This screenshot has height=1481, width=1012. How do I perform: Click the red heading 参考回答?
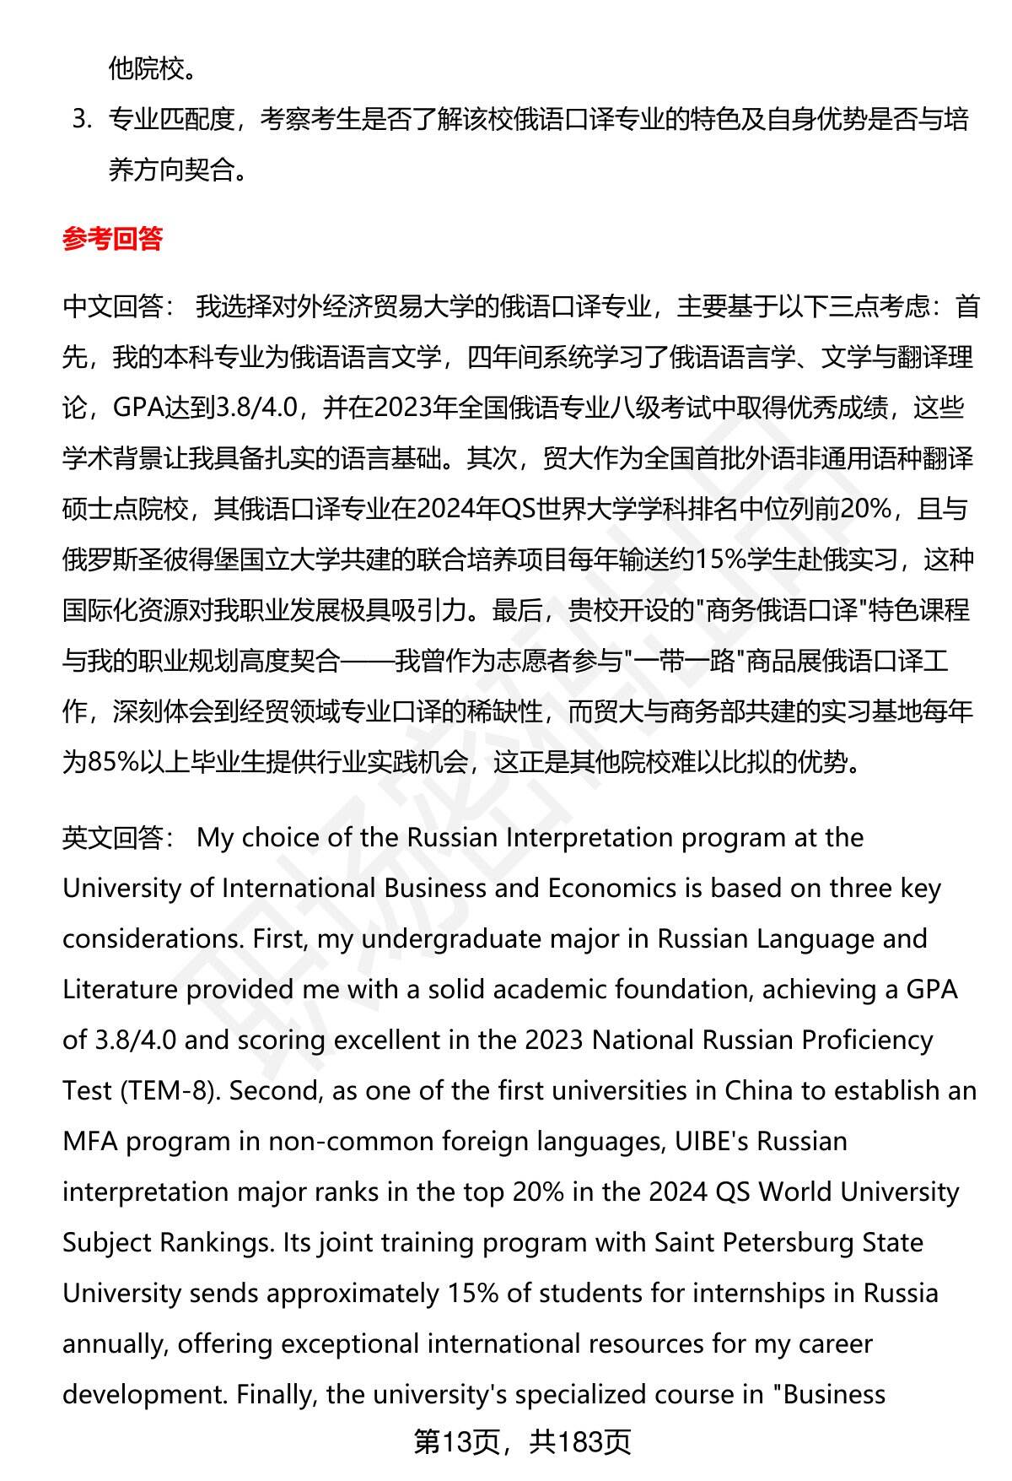[x=112, y=240]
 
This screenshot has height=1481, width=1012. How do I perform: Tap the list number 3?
[x=81, y=120]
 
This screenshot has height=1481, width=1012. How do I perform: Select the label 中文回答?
[x=113, y=306]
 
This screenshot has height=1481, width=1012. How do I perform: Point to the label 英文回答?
[x=113, y=838]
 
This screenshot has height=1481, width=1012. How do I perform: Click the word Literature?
[x=120, y=989]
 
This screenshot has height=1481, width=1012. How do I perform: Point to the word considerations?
[x=150, y=938]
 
